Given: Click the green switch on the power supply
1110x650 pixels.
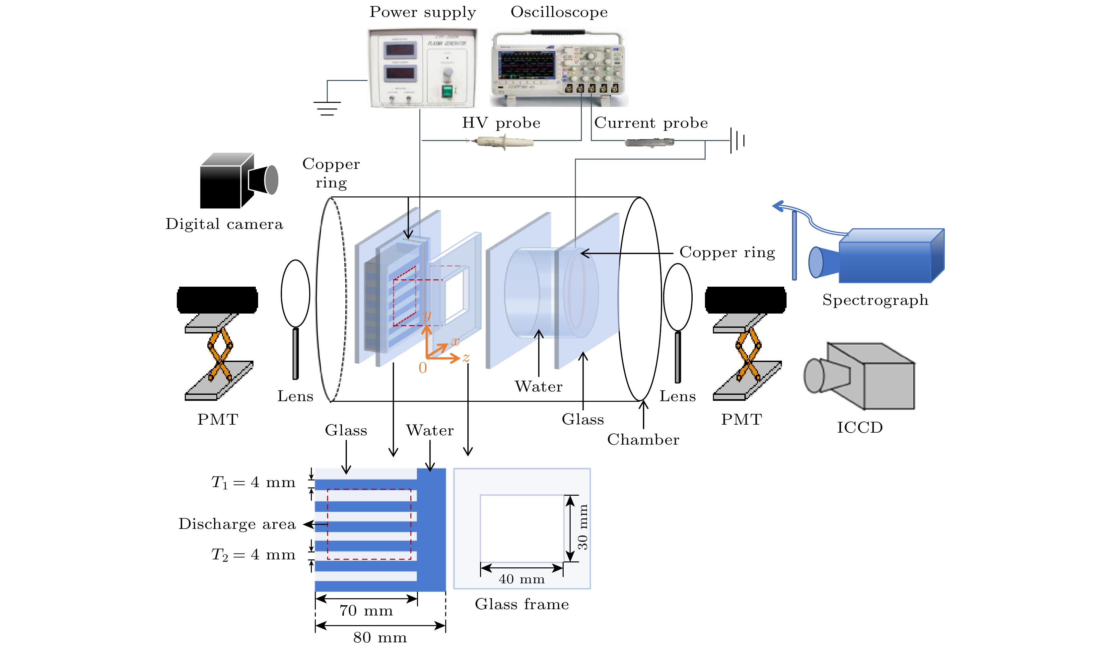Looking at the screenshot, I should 447,92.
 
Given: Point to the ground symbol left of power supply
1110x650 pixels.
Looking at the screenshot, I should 327,108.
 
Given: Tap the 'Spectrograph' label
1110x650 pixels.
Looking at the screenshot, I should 875,300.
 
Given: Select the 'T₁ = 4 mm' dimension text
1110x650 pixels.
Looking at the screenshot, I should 253,482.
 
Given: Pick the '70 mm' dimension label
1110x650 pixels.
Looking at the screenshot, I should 366,611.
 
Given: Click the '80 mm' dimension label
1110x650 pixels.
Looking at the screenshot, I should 380,637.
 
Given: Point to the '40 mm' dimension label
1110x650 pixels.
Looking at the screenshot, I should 521,579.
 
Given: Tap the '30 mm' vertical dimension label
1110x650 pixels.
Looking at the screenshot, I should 583,527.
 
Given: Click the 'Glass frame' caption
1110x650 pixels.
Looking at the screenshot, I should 521,604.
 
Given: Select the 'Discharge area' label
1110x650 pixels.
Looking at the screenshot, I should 237,524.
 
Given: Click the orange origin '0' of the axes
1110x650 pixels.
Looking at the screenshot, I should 422,368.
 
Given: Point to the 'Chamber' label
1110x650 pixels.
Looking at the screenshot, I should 643,439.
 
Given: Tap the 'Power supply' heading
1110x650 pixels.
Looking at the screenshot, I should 422,12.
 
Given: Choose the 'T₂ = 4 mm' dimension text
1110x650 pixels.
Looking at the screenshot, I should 253,554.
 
